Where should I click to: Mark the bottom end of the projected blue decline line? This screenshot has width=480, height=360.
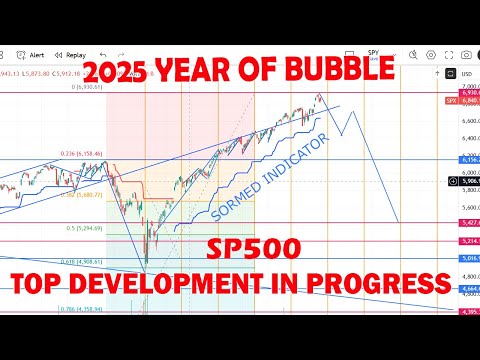pyautogui.click(x=398, y=222)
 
